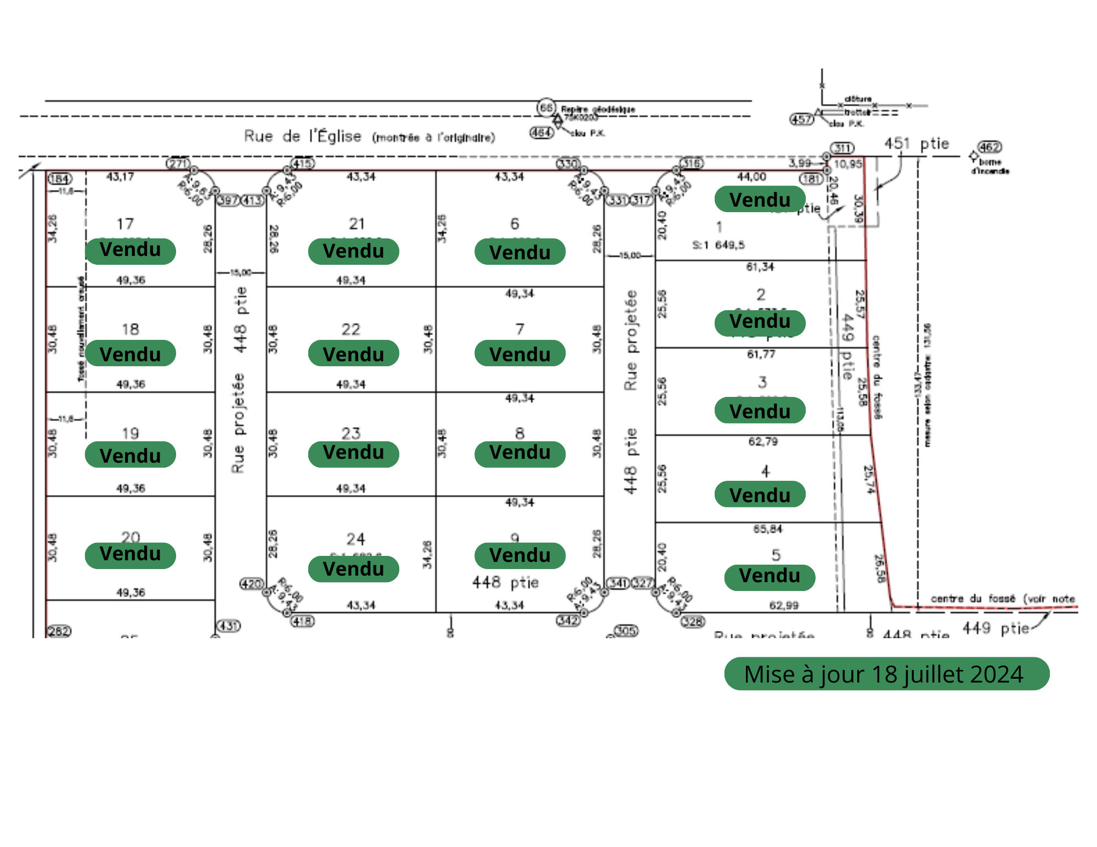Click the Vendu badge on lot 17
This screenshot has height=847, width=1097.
(131, 251)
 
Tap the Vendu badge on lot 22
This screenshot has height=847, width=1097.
(353, 354)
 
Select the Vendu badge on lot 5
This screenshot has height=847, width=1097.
(770, 577)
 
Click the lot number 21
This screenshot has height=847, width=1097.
(357, 224)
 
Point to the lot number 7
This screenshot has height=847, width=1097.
(519, 329)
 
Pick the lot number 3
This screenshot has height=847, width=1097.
(762, 382)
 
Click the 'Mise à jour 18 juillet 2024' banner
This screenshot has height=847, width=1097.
(886, 674)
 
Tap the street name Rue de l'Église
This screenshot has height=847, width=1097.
(303, 136)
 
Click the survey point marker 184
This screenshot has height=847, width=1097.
(60, 179)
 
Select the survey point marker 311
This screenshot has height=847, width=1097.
(842, 148)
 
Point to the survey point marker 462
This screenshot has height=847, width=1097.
(989, 147)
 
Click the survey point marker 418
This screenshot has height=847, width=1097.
(302, 621)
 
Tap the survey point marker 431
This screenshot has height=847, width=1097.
(229, 626)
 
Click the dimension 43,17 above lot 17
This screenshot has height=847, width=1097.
(120, 177)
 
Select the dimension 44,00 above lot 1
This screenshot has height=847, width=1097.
(751, 177)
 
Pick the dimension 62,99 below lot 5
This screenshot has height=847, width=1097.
(784, 605)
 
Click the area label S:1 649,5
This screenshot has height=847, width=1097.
(719, 245)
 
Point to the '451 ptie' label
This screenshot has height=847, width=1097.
(916, 144)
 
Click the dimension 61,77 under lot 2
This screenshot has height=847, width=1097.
(761, 354)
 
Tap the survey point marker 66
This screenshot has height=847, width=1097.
(546, 107)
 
